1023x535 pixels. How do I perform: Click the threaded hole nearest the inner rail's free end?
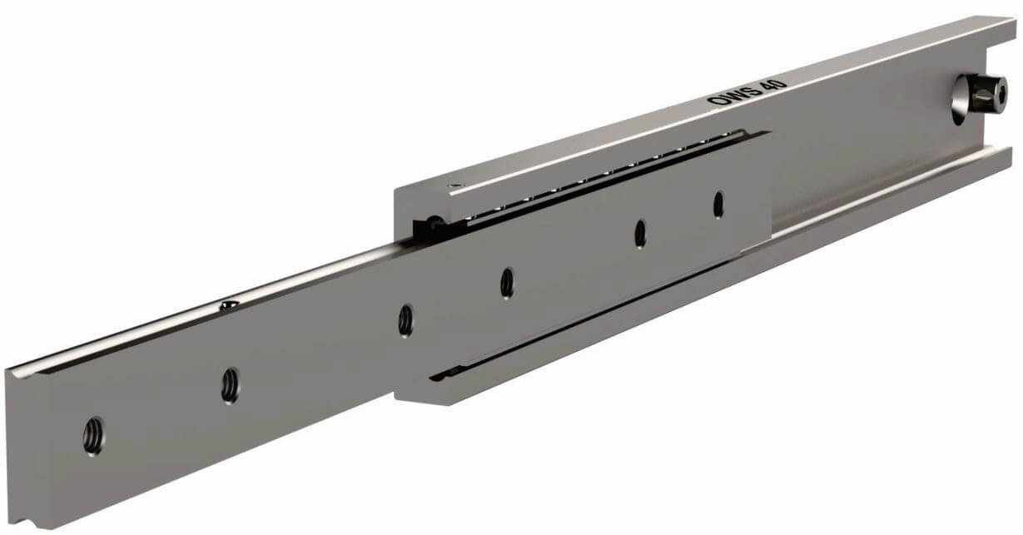click(x=93, y=436)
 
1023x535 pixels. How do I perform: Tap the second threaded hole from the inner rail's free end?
click(x=231, y=386)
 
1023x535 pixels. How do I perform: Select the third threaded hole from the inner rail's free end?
click(x=405, y=320)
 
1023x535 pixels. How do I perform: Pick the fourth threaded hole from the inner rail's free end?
click(x=507, y=283)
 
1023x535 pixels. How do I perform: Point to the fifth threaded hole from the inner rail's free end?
click(x=640, y=234)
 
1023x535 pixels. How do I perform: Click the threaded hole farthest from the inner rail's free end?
click(x=718, y=205)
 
